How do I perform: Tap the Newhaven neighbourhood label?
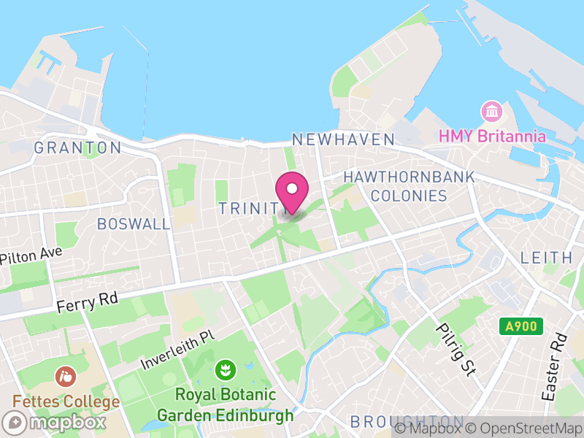tap(342, 139)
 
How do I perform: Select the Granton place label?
tap(77, 147)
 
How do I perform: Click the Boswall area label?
tap(134, 223)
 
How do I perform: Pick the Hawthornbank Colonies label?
tap(409, 186)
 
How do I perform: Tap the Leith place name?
tap(546, 257)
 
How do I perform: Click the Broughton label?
tap(406, 422)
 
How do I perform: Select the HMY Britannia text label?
tap(491, 136)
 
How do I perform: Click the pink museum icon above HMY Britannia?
tap(491, 112)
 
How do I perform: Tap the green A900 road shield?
tap(521, 326)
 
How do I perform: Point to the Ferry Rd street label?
tap(88, 301)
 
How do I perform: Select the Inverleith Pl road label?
tap(178, 349)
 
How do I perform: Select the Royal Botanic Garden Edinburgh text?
tap(226, 405)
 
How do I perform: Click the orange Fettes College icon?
tap(66, 377)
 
